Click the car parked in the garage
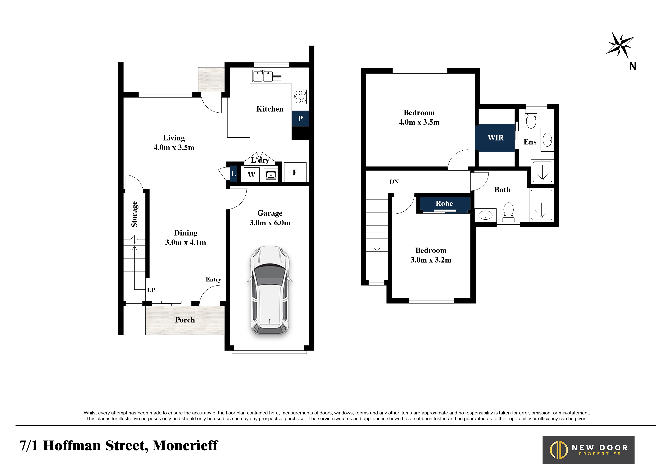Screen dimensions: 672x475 point(270,290)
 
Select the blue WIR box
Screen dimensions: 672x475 point(495,138)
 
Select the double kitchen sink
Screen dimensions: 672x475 point(267,76)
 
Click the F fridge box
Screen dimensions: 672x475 point(295,172)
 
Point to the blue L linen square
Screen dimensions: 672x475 point(233,174)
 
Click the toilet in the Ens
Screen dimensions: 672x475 point(531,119)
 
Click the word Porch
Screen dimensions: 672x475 point(185,320)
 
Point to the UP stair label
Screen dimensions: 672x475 point(151,290)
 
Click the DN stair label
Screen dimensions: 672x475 point(394,182)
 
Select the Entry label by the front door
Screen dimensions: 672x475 point(213,280)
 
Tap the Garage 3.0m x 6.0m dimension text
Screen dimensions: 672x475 point(270,218)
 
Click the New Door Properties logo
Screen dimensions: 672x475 point(588,450)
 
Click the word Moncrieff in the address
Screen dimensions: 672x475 point(185,445)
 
